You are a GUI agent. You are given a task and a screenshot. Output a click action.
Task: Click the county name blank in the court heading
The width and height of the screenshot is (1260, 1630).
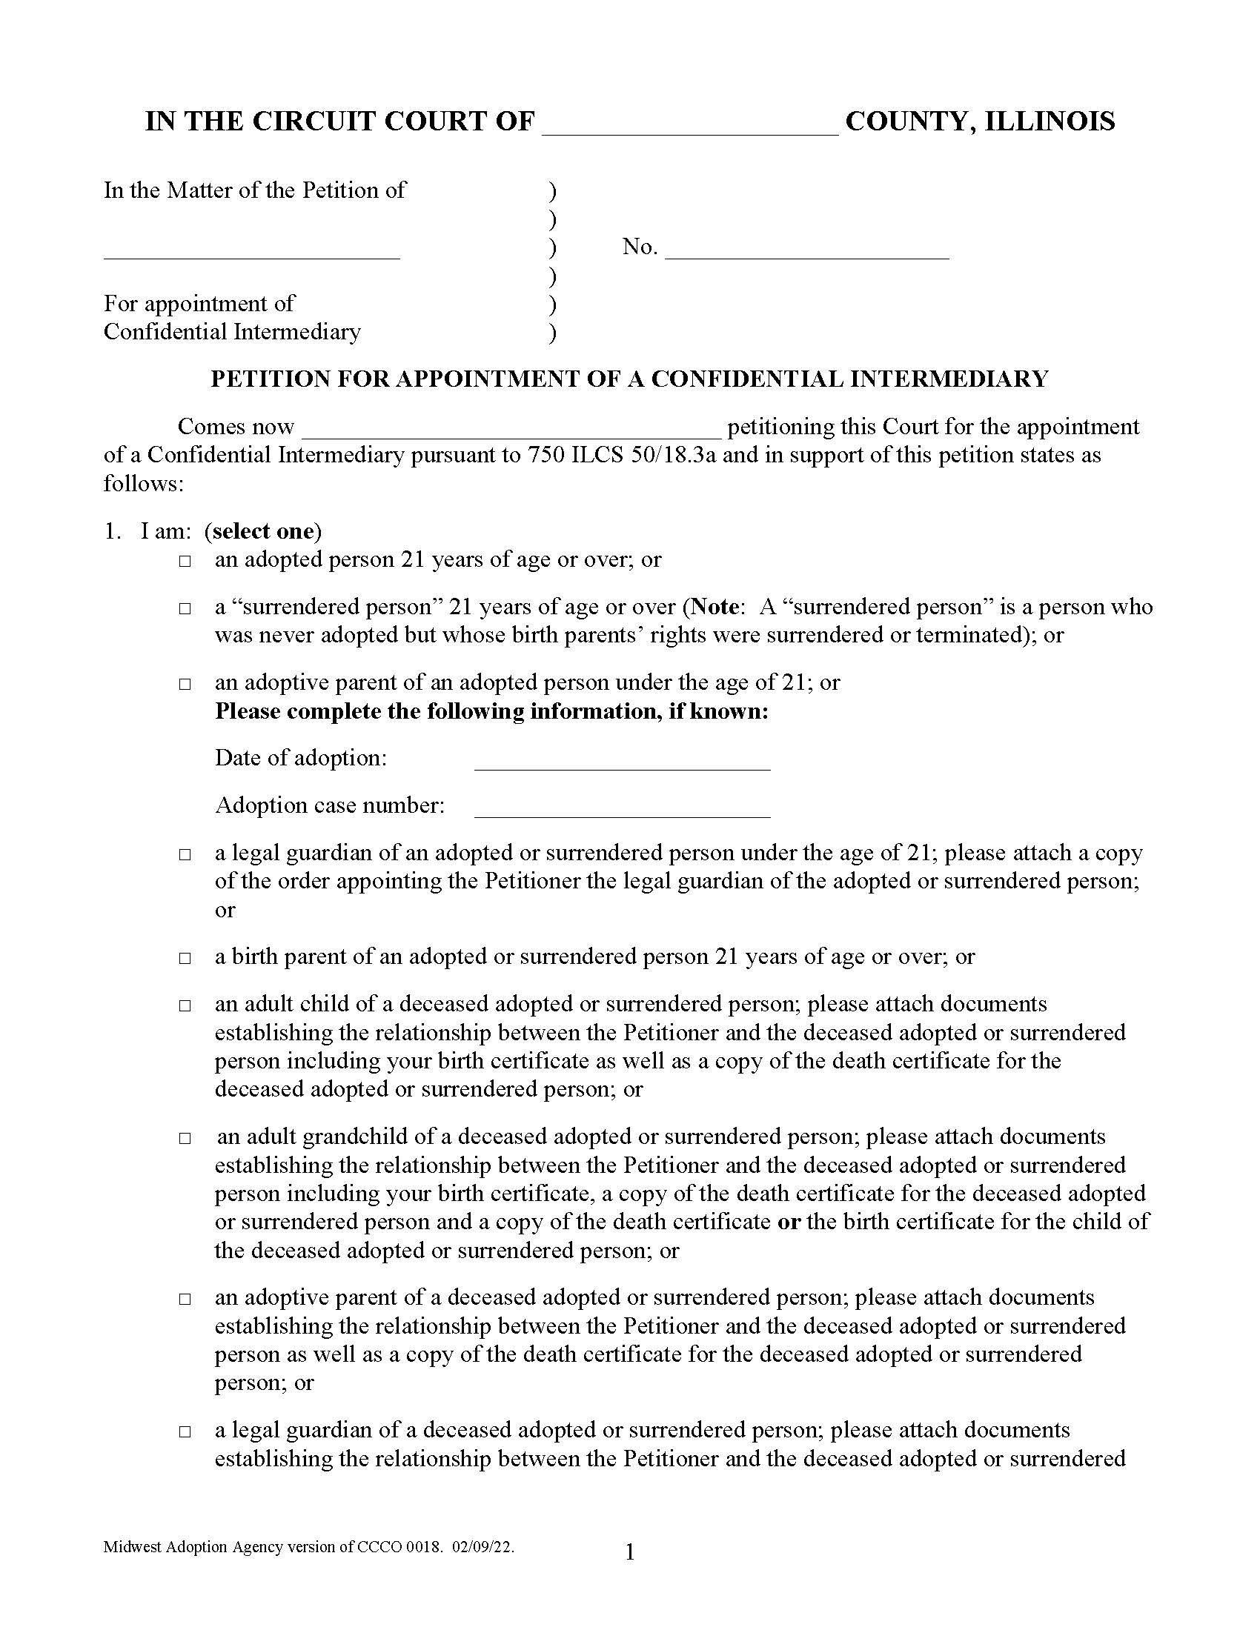click(690, 127)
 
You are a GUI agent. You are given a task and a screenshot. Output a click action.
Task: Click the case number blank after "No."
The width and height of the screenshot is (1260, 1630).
click(806, 250)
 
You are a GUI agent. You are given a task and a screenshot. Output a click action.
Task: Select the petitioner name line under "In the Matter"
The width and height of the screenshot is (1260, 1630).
click(251, 250)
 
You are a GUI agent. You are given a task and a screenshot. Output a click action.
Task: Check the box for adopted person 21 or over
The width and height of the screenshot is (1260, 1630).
click(185, 562)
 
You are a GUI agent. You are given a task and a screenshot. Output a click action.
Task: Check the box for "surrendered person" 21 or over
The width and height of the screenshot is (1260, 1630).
click(185, 609)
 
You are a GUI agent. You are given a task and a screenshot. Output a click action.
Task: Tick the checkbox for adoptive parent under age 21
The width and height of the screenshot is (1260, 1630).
click(185, 685)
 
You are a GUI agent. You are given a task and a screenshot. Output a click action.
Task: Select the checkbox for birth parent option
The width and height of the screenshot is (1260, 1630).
click(185, 958)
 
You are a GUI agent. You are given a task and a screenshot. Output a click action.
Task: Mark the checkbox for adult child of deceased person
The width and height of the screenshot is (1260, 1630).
click(185, 1006)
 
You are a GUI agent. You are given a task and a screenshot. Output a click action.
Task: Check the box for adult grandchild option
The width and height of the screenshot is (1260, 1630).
click(185, 1139)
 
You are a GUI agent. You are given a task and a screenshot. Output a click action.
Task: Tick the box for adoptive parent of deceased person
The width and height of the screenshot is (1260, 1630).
click(185, 1300)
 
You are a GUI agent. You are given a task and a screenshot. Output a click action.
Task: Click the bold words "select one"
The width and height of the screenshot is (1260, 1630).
click(263, 531)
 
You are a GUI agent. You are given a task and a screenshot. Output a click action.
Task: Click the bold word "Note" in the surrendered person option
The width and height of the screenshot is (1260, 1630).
click(715, 607)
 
